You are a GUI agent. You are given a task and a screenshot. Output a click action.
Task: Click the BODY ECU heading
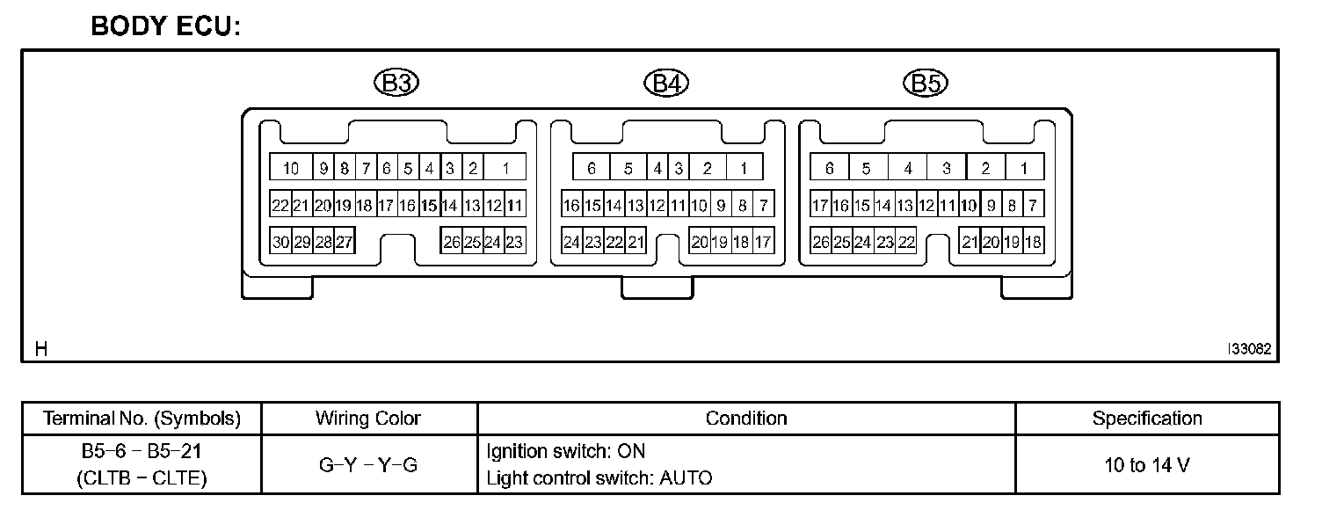click(x=165, y=26)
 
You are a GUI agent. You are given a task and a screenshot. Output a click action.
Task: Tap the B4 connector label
click(x=666, y=84)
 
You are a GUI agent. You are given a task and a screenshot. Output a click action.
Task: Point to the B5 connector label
click(x=925, y=84)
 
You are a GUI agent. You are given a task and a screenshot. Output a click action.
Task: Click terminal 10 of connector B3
click(x=291, y=168)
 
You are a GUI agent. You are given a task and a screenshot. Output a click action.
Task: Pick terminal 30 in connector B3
click(x=281, y=242)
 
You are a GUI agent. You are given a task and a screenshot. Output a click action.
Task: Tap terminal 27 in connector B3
click(x=345, y=242)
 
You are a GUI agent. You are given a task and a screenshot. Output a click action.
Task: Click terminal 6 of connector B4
click(x=592, y=168)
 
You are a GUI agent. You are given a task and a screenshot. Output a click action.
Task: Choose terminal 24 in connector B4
click(x=572, y=242)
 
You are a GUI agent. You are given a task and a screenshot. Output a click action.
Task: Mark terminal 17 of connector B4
click(x=763, y=242)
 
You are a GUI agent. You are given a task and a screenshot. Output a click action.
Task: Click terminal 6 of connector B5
click(x=829, y=168)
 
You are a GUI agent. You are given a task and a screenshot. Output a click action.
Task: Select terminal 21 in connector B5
click(x=970, y=242)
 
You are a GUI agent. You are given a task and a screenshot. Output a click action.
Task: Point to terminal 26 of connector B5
click(x=821, y=242)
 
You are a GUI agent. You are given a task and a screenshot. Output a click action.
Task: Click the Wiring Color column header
click(x=368, y=419)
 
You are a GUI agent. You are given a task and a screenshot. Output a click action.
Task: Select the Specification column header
click(x=1146, y=419)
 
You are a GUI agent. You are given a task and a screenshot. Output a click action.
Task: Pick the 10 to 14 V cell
click(x=1146, y=465)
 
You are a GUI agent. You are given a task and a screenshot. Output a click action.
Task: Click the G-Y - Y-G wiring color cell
click(x=368, y=465)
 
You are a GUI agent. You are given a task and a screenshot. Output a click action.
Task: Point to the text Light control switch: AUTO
click(x=599, y=478)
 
